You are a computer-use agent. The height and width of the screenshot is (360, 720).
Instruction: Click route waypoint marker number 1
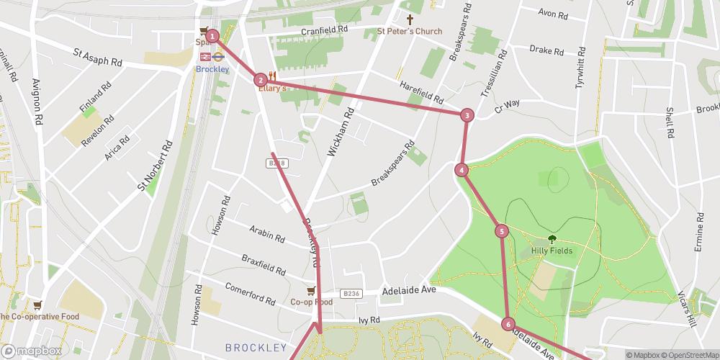tap(212, 35)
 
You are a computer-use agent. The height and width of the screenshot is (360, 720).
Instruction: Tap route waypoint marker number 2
tap(261, 80)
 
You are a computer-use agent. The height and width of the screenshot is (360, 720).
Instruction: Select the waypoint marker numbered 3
tap(467, 115)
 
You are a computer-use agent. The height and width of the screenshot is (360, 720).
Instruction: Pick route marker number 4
tap(462, 170)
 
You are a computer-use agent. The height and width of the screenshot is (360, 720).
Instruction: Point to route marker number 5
tap(502, 231)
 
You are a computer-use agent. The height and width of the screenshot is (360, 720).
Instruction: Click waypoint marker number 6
tap(508, 324)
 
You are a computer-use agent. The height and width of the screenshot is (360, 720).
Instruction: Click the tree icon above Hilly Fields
tap(552, 238)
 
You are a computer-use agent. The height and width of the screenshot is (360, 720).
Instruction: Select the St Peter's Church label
tap(410, 31)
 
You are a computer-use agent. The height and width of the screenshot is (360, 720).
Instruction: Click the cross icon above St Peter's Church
tap(410, 20)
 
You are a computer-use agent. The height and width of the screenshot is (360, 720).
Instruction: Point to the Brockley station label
tap(212, 69)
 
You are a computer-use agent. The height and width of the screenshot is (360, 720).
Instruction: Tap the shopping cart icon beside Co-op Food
tap(310, 290)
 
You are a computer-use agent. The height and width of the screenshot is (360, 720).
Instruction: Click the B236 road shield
tap(351, 293)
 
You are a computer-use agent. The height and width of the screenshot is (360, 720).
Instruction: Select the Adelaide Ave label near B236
tap(409, 289)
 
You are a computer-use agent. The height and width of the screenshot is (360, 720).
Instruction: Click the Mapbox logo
tap(30, 351)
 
